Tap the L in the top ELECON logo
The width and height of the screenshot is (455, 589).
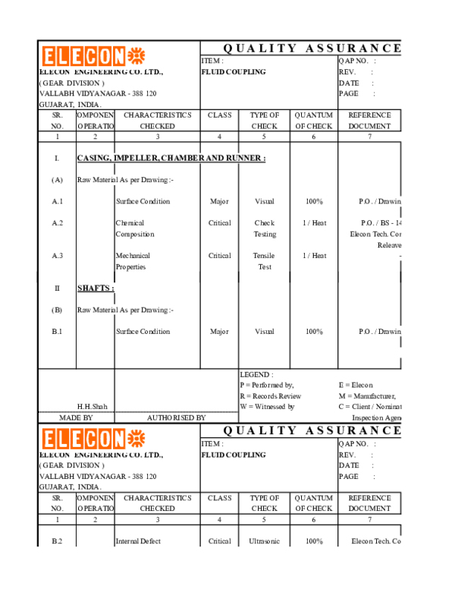coord(63,57)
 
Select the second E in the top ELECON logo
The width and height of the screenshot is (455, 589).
coord(76,57)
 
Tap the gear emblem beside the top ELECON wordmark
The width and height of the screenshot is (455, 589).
coord(136,56)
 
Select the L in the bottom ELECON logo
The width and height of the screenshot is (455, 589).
coord(63,439)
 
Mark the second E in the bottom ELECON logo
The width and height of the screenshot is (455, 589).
coord(76,439)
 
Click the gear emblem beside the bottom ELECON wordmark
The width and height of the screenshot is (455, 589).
coord(136,438)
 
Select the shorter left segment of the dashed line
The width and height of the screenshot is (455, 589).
coord(76,411)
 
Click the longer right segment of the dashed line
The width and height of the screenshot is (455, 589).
coord(177,411)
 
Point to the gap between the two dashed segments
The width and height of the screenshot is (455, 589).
coord(115,411)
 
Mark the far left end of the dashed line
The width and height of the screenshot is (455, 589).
coord(40,411)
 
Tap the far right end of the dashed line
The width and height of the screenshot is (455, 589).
coord(237,411)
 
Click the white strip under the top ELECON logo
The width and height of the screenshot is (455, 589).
coord(93,70)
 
